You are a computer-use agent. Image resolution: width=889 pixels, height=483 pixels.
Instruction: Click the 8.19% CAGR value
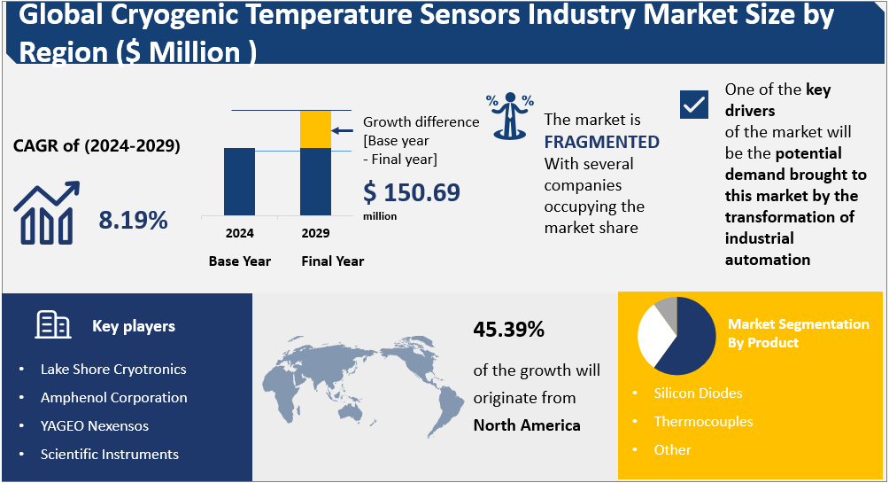tap(133, 221)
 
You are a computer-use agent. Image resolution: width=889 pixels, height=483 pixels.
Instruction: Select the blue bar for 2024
tap(239, 181)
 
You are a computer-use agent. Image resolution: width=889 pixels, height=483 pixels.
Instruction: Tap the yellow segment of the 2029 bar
tap(315, 129)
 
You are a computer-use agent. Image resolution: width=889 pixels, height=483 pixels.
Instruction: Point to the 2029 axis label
tap(315, 234)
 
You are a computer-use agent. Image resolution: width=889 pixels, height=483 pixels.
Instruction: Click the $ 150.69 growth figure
tap(412, 192)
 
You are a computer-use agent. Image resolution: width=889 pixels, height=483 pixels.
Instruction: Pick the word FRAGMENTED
tap(601, 142)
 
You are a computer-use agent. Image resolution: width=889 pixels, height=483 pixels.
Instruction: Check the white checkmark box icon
tap(694, 105)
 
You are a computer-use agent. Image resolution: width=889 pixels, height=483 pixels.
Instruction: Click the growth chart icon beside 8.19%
tap(47, 214)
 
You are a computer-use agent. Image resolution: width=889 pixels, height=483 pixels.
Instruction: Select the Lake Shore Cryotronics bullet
tap(113, 369)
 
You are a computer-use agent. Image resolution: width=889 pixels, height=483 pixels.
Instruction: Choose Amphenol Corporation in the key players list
tap(113, 397)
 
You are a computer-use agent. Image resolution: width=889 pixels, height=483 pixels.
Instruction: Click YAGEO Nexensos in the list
tap(94, 425)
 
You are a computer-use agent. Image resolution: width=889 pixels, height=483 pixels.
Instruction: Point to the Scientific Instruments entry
tap(109, 454)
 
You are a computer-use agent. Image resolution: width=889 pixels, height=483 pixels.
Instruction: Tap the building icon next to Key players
tap(53, 325)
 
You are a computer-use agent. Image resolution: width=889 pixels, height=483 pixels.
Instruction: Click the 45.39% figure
tap(508, 331)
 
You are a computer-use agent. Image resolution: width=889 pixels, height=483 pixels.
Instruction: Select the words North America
tap(527, 425)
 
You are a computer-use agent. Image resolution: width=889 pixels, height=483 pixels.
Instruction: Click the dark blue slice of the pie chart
tap(691, 341)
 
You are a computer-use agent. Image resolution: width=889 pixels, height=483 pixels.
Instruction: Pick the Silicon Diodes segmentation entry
tap(698, 393)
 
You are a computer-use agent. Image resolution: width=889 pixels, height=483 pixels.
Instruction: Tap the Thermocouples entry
tap(703, 421)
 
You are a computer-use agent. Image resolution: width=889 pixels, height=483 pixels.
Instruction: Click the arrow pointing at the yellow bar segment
tap(346, 129)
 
